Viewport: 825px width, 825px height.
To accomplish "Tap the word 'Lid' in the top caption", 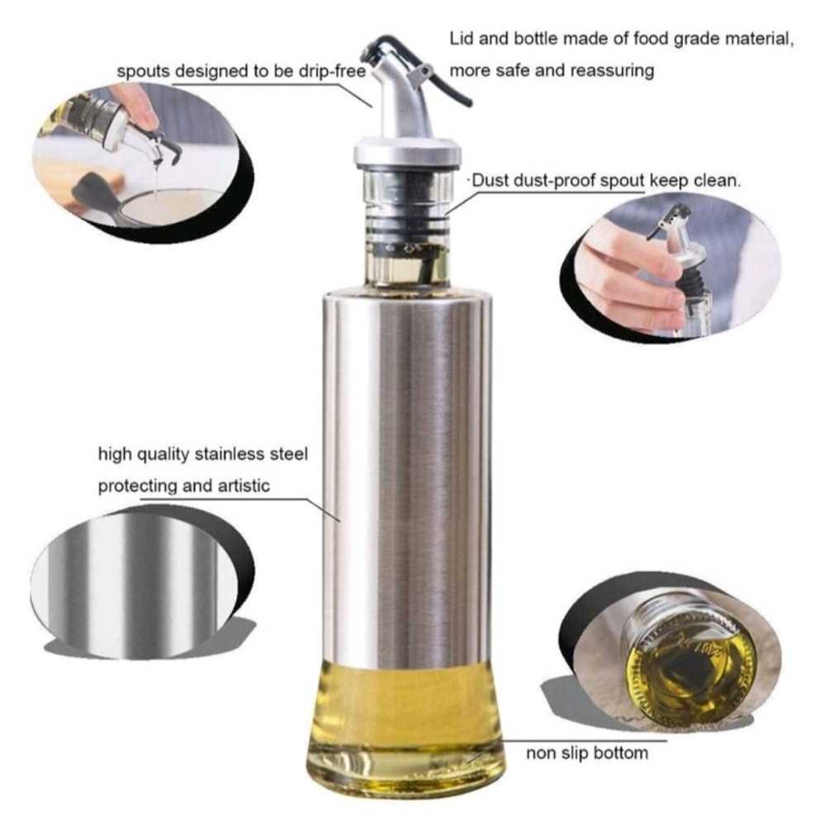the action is click(462, 39).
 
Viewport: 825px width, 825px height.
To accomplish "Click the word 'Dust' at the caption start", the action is click(491, 181).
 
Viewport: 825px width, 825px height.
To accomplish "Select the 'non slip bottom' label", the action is click(587, 753).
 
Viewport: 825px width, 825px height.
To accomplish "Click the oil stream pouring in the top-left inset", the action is click(157, 176).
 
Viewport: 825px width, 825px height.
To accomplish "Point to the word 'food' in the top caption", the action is click(650, 39).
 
